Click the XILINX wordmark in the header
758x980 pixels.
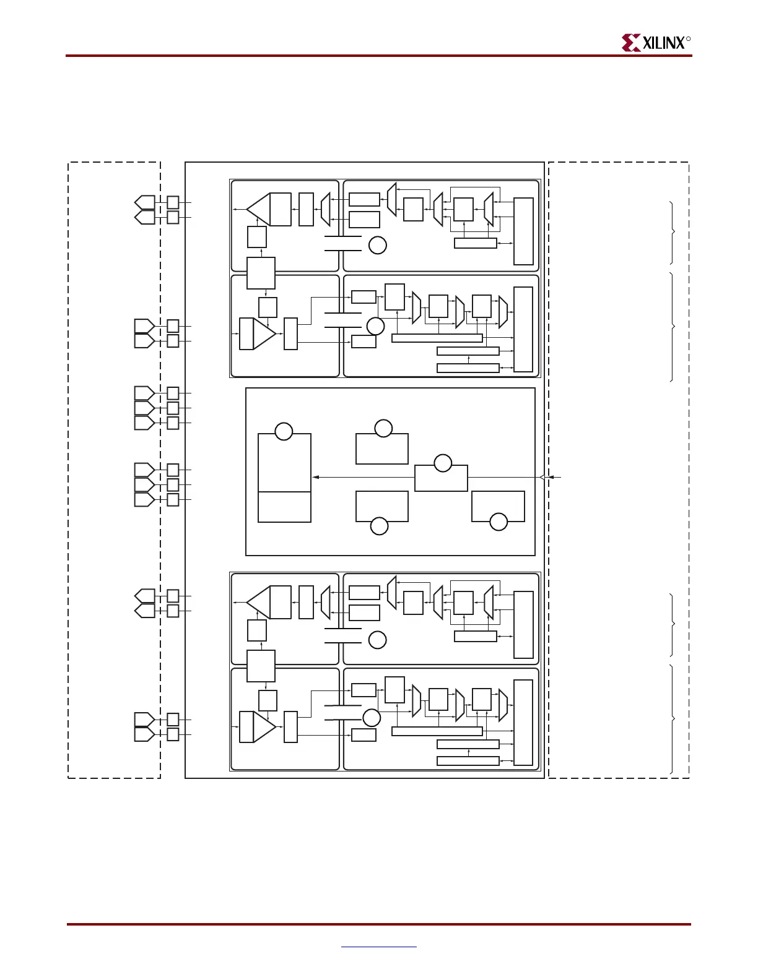(664, 43)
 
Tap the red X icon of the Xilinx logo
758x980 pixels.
(631, 43)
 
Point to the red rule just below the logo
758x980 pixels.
(379, 56)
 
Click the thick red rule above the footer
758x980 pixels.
(379, 924)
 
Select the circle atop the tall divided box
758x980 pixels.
(284, 431)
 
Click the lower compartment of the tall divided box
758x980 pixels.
(284, 507)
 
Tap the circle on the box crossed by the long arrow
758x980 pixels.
(443, 463)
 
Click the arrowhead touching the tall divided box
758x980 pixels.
(315, 477)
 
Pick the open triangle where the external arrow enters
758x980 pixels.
(542, 477)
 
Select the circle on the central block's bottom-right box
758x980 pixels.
(499, 522)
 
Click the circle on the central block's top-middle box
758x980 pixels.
(383, 428)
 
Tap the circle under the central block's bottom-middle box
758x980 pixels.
(379, 527)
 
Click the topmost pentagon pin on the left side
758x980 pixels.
(145, 202)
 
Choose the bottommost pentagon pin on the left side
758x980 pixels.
(144, 734)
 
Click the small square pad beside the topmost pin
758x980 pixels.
(173, 202)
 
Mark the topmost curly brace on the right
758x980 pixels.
(673, 232)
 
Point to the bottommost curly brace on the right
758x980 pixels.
(673, 719)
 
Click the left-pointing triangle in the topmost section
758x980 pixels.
(258, 208)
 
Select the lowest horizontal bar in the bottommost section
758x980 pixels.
(468, 761)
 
